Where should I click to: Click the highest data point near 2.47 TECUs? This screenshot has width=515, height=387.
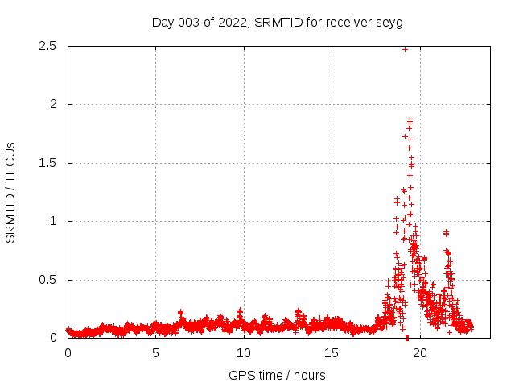[405, 49]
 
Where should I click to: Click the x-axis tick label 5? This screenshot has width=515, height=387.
[155, 353]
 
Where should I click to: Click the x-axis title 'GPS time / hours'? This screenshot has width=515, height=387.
[277, 375]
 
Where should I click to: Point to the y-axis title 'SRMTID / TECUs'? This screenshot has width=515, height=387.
[11, 192]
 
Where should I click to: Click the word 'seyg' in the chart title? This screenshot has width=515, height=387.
[389, 22]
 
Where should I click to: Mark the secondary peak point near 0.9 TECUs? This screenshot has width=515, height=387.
[446, 232]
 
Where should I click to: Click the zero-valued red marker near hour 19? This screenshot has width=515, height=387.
[407, 338]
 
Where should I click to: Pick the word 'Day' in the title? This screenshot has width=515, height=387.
[163, 22]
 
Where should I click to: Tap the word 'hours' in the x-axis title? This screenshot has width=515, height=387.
[309, 375]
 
